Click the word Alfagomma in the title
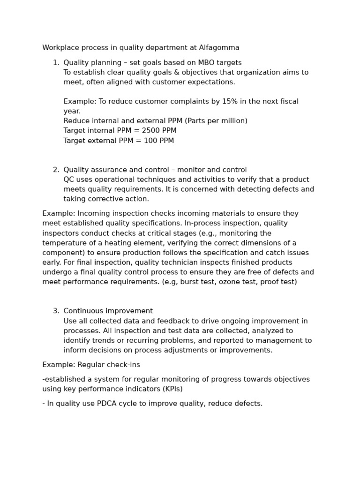tap(219, 48)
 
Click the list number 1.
tap(56, 63)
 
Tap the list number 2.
tap(56, 170)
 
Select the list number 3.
tap(56, 311)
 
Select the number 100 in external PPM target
tap(151, 141)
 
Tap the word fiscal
tap(288, 102)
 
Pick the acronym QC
tap(69, 180)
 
